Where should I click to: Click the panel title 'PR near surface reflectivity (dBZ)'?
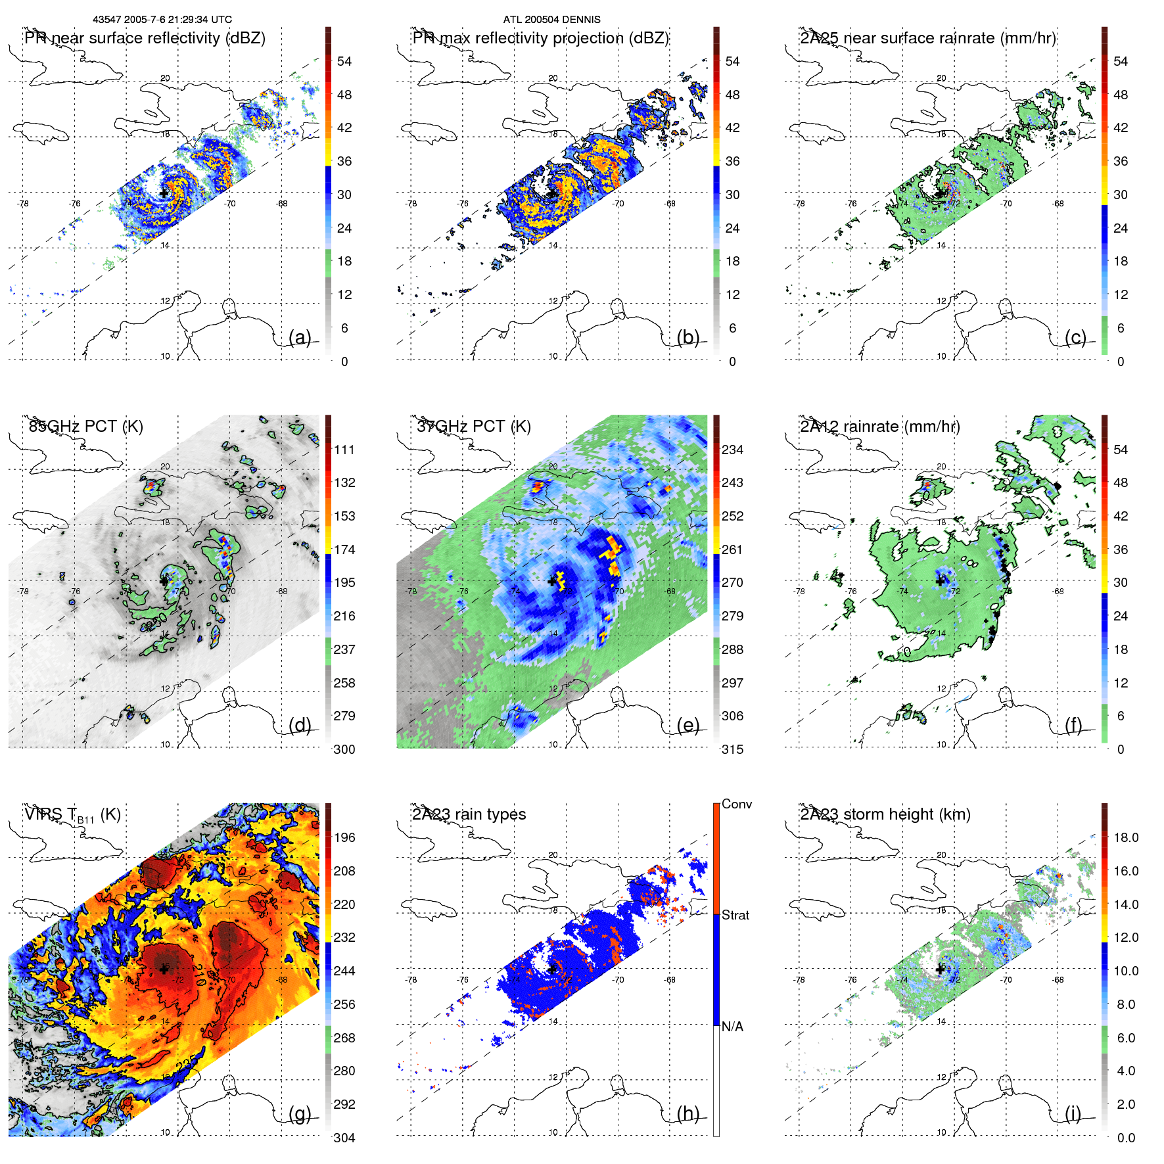[x=145, y=38]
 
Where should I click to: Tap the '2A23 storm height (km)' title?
[x=885, y=814]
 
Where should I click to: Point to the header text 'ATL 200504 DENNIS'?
[x=551, y=20]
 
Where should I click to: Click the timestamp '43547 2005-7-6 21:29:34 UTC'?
[x=162, y=20]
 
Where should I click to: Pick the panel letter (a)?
[x=300, y=337]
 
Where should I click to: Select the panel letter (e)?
[x=688, y=725]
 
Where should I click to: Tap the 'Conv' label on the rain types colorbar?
[x=736, y=804]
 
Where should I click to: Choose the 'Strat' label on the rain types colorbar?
[x=735, y=915]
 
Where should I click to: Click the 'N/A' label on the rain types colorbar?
[x=732, y=1027]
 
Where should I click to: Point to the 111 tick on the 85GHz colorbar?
[x=344, y=450]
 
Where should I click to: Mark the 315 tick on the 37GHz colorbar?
[x=732, y=749]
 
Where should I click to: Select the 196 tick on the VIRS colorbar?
[x=344, y=837]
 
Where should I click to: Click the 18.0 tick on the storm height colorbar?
[x=1126, y=837]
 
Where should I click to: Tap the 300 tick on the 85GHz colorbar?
[x=344, y=749]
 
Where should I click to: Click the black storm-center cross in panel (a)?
[x=164, y=193]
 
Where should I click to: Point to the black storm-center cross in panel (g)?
[x=164, y=969]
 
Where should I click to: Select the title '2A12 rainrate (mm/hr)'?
[x=879, y=427]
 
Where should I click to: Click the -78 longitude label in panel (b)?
[x=411, y=204]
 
